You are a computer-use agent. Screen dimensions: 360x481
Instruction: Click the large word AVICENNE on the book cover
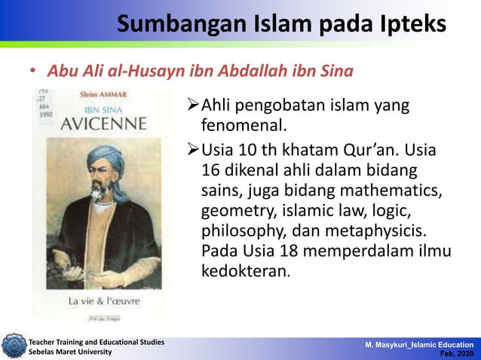[97, 123]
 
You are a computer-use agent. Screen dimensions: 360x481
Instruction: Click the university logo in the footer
[13, 346]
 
